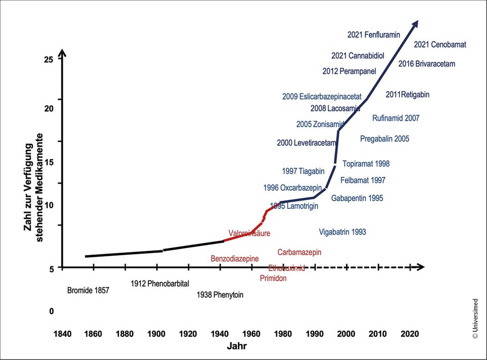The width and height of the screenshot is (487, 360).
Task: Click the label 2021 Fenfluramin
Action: click(373, 34)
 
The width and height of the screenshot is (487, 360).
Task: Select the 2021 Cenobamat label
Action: click(440, 45)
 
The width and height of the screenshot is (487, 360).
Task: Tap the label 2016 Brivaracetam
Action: click(427, 63)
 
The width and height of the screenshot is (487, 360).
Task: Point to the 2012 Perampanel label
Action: click(349, 71)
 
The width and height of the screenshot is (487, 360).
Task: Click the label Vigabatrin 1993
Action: click(342, 232)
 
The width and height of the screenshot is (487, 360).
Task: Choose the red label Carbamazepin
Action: click(300, 252)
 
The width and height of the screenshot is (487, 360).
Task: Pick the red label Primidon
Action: click(273, 278)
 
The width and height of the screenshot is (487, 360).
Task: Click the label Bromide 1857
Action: click(88, 290)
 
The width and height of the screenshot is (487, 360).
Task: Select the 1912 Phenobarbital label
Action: click(160, 284)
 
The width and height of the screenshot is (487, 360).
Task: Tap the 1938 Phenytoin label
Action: click(220, 295)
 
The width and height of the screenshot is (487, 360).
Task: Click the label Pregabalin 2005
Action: click(384, 139)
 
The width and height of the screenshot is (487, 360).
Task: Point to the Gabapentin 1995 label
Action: click(357, 198)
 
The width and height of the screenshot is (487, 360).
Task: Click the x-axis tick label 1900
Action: click(156, 333)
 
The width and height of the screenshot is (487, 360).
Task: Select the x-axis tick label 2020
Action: click(409, 333)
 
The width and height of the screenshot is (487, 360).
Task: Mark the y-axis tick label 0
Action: click(51, 311)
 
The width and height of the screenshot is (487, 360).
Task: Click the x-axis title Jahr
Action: click(236, 346)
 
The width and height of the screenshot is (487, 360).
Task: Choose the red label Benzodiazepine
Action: click(234, 259)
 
